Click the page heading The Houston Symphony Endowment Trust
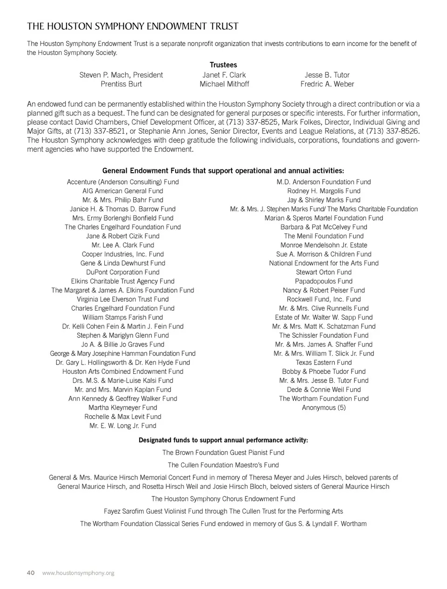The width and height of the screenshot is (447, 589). pos(133,26)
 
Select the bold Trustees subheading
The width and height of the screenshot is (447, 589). pos(223,65)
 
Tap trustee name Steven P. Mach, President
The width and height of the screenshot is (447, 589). pos(121,75)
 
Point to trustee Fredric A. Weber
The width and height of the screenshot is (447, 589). pos(327,84)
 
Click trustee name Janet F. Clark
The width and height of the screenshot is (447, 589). pos(224,75)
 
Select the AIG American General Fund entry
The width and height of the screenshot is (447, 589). pos(123,191)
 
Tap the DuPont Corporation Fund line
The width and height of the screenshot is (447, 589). pos(123,272)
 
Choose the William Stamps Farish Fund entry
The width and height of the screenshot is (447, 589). pos(123,318)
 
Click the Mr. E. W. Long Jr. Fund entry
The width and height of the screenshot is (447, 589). pos(123,426)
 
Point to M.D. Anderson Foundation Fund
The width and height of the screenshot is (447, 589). pos(324,182)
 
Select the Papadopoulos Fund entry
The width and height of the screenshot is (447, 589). pos(324,281)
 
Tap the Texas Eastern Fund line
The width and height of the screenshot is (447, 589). pos(324,363)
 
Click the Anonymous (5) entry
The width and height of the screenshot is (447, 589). pos(324,408)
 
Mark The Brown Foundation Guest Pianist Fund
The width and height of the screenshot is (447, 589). pos(223,453)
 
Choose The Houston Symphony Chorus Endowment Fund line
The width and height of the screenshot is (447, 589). pos(223,499)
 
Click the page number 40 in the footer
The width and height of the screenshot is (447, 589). pos(31,573)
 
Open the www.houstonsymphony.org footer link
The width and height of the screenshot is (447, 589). pos(78,573)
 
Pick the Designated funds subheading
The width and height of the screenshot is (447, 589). pos(223,440)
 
